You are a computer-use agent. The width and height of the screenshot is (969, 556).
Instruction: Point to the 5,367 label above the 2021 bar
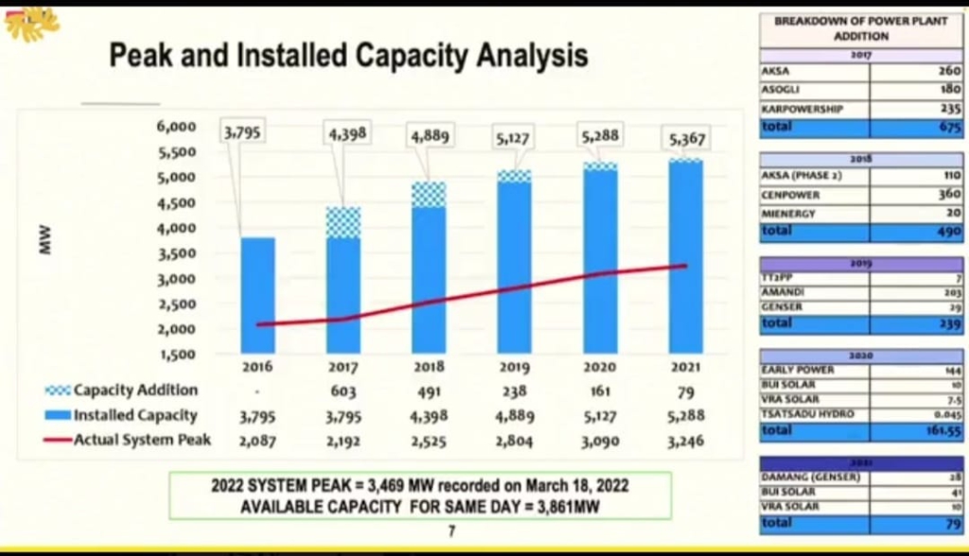[686, 140]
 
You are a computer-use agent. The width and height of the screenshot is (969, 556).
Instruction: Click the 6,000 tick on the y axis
[176, 126]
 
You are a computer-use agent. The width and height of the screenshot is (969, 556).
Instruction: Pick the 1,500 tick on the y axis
[176, 355]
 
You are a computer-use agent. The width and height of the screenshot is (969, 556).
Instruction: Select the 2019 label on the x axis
[514, 367]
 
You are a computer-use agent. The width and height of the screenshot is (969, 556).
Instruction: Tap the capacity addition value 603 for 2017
[343, 391]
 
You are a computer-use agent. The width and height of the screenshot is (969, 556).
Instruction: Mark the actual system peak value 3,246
[685, 440]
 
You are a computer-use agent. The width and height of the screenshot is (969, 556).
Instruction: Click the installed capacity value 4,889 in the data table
[514, 415]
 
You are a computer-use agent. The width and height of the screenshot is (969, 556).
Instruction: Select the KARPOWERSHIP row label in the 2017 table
[802, 109]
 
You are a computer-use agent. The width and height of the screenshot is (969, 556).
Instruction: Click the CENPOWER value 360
[948, 195]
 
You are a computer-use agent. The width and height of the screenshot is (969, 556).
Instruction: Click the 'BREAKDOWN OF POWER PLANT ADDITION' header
[861, 28]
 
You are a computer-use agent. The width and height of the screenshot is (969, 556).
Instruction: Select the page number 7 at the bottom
[451, 531]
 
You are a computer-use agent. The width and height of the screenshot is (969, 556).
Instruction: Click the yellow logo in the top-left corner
[31, 23]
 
